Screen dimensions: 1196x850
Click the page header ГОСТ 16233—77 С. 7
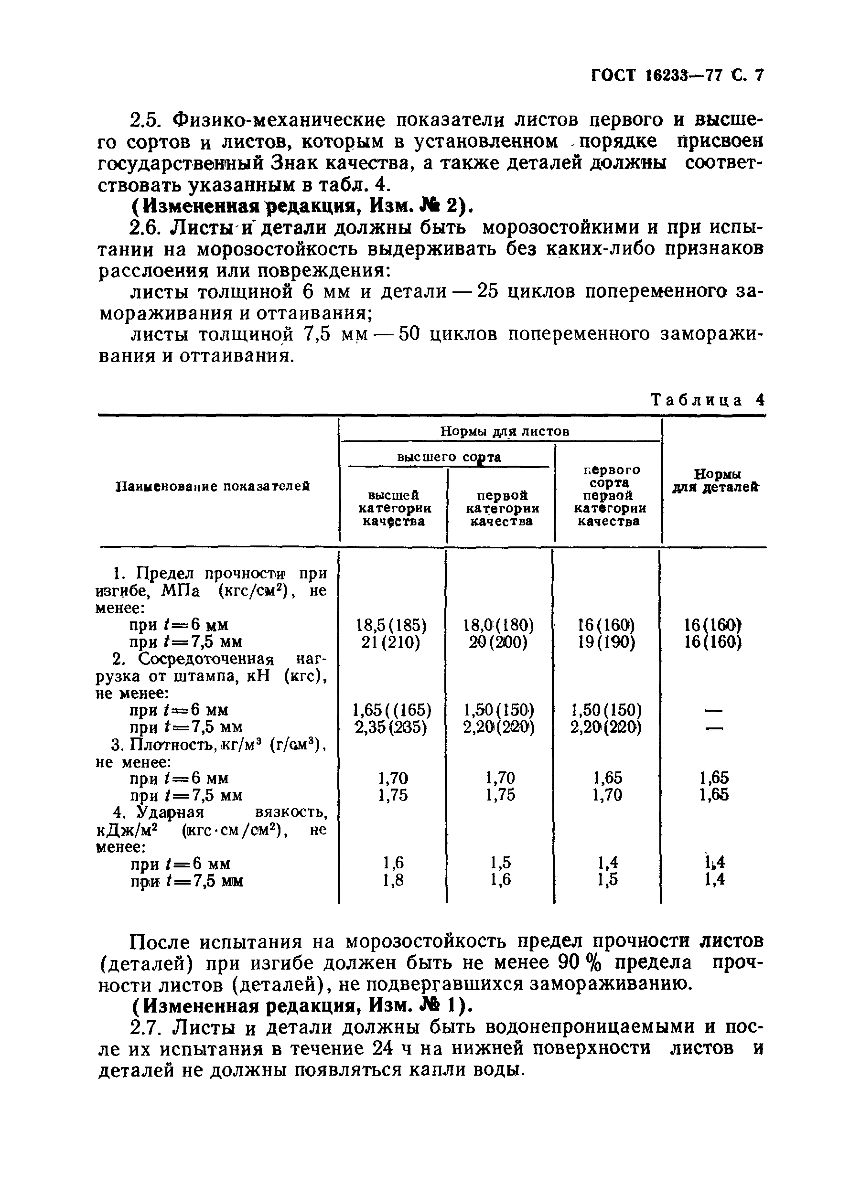pyautogui.click(x=678, y=76)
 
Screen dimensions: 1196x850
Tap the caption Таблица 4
pyautogui.click(x=707, y=400)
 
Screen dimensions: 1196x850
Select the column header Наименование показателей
pyautogui.click(x=213, y=486)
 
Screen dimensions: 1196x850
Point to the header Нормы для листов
pyautogui.click(x=504, y=431)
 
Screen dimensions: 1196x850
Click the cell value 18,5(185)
pyautogui.click(x=391, y=625)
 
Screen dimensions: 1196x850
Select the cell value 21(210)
pyautogui.click(x=391, y=642)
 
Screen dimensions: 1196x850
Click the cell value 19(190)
pyautogui.click(x=607, y=642)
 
